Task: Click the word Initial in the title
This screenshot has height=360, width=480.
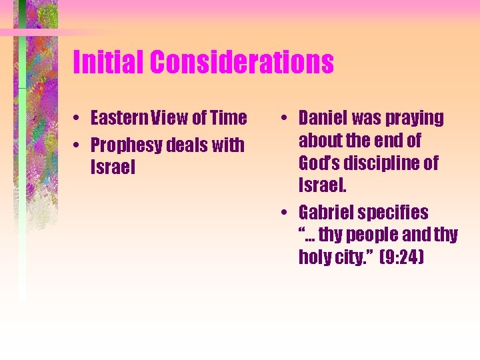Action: pyautogui.click(x=108, y=63)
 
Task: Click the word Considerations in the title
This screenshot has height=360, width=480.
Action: pyautogui.click(x=241, y=63)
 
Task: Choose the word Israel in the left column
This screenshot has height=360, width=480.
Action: pyautogui.click(x=113, y=167)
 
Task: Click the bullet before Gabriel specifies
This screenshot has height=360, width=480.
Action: pyautogui.click(x=285, y=213)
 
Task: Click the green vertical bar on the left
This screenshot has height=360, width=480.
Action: pyautogui.click(x=22, y=167)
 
